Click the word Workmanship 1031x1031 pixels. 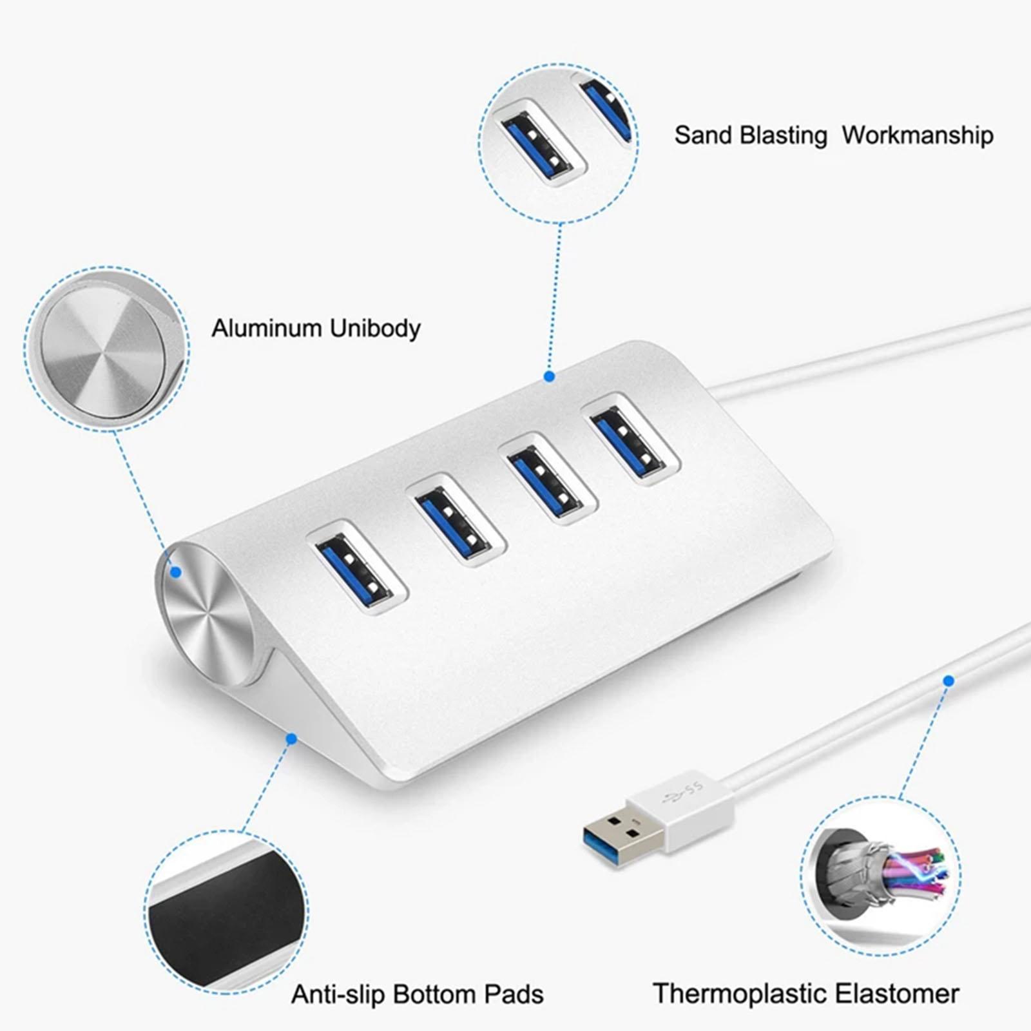[918, 135]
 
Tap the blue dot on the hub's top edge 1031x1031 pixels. [549, 376]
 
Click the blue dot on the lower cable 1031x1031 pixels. [948, 680]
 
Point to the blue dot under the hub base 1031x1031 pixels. [291, 738]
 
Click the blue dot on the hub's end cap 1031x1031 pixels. [175, 571]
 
